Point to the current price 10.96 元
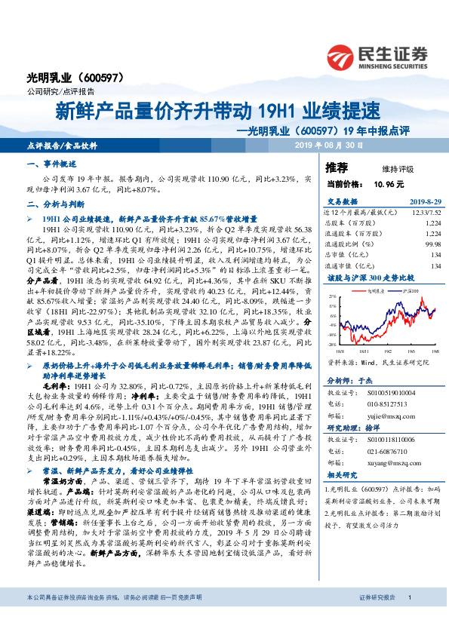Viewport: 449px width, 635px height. (x=389, y=183)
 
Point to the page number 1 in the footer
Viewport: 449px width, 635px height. (x=408, y=618)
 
